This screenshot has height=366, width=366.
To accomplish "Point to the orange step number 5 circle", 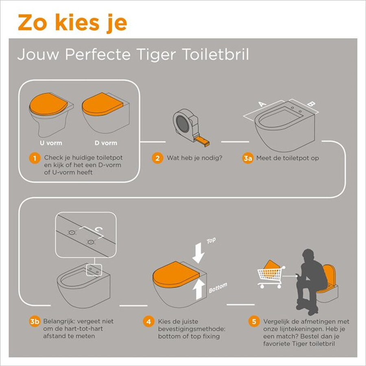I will click(x=254, y=322).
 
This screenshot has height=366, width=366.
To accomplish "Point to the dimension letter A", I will click(x=262, y=104).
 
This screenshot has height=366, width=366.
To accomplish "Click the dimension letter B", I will click(x=310, y=104).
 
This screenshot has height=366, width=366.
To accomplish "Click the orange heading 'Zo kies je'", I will click(x=72, y=24).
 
